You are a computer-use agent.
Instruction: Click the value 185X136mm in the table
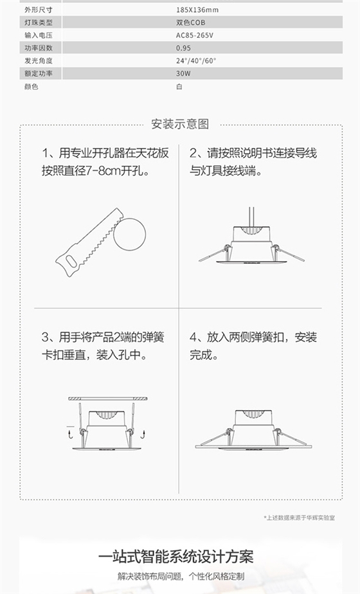point(197,10)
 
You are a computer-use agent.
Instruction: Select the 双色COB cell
point(190,22)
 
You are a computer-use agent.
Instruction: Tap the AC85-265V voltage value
point(194,35)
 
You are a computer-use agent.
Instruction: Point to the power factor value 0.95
point(183,48)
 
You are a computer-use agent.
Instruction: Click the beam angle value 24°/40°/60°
point(196,60)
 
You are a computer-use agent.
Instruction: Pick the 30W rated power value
point(183,73)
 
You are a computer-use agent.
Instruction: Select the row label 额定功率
point(39,73)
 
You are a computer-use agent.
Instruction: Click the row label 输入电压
point(39,35)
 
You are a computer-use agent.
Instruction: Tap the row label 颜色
point(32,86)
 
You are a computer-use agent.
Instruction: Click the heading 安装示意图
point(180,124)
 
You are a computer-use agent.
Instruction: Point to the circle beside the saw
point(130,219)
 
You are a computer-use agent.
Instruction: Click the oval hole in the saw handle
point(71,261)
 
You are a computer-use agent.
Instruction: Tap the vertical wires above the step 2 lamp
point(251,217)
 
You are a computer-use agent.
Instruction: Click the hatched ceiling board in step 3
point(108,399)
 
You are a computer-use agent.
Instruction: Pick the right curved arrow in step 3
point(143,434)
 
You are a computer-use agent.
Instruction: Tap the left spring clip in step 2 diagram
point(215,253)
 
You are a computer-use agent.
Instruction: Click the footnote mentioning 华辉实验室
point(300,517)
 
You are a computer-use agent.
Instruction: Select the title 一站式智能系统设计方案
point(176,557)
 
